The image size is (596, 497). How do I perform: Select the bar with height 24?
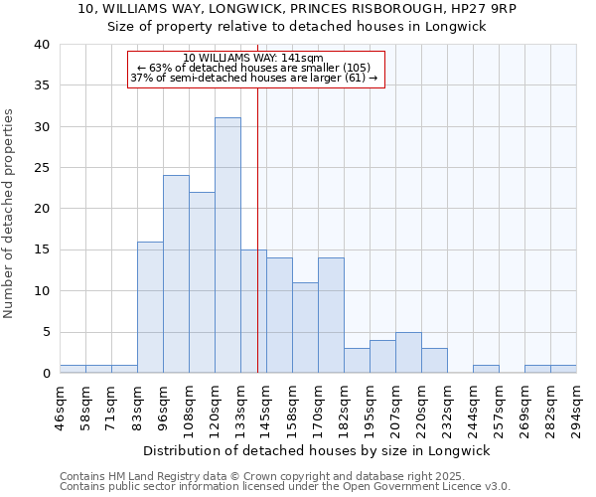[176, 274]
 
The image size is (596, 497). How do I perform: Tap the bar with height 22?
[202, 282]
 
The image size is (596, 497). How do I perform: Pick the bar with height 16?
[150, 307]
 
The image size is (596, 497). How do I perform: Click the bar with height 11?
[305, 328]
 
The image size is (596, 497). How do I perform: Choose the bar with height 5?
[408, 352]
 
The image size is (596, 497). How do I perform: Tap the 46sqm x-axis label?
[60, 406]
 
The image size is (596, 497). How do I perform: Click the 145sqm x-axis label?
[266, 406]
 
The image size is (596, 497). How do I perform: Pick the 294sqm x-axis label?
[576, 406]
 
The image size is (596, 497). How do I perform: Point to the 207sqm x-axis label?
[395, 406]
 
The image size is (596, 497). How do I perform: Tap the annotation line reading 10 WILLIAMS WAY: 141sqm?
[253, 59]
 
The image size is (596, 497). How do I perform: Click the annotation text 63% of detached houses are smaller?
[253, 69]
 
